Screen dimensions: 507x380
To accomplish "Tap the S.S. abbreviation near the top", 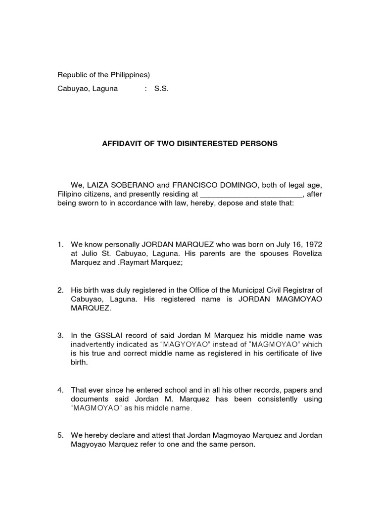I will (161, 90).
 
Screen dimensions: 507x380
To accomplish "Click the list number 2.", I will (60, 290).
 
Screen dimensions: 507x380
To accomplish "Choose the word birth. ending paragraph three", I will (79, 362).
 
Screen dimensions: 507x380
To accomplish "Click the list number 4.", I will (60, 390).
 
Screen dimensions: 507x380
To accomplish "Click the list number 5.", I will (60, 435).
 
